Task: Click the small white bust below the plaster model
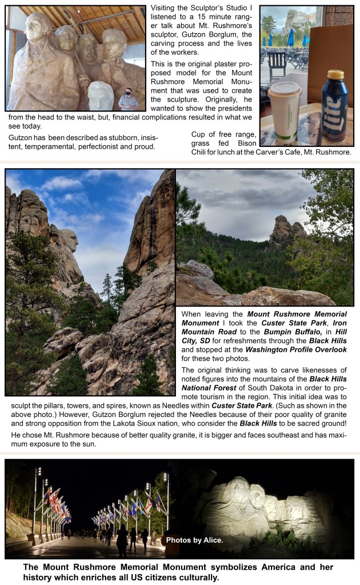click(x=101, y=95)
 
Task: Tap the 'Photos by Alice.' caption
click(x=191, y=539)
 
